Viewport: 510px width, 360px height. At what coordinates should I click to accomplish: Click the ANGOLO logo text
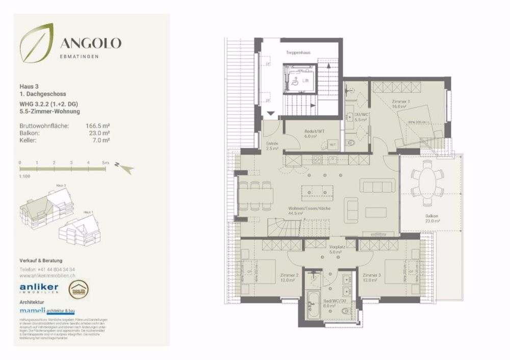[x=91, y=43]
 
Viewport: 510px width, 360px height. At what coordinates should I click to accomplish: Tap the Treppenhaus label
[x=298, y=52]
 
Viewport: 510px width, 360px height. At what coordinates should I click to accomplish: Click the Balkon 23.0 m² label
[x=433, y=218]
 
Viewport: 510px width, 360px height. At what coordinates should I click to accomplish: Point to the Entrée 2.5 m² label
[x=272, y=146]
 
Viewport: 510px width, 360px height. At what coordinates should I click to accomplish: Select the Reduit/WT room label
[x=311, y=134]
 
